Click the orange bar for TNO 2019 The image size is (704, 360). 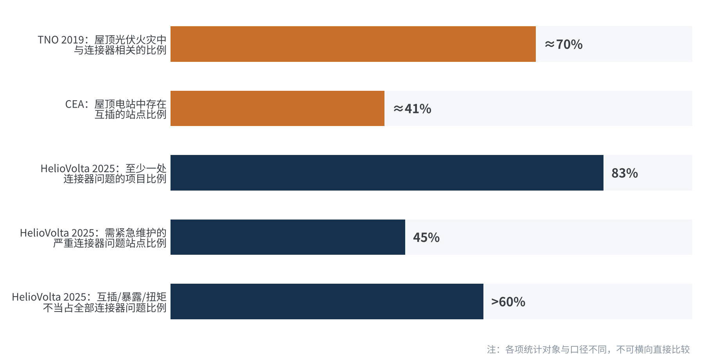[x=353, y=44]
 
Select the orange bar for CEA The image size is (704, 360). [x=277, y=108]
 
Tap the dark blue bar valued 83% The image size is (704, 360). [x=387, y=173]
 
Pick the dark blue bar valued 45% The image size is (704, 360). [x=288, y=237]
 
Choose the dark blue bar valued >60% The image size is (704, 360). [x=327, y=301]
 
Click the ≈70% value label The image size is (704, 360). [x=564, y=44]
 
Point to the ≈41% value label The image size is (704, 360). [x=412, y=108]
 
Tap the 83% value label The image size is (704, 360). [x=625, y=173]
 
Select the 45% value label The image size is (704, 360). [x=426, y=237]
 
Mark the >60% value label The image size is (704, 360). [x=508, y=302]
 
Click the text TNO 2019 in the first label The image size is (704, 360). [x=61, y=40]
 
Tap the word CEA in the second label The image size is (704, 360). [x=74, y=104]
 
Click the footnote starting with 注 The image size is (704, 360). [x=588, y=349]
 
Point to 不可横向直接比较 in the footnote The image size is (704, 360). [x=653, y=349]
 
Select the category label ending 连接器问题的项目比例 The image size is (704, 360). [x=104, y=173]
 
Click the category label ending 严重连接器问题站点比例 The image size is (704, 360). [x=93, y=238]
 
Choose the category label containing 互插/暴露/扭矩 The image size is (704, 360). [x=89, y=302]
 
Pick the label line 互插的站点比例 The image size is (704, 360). [x=131, y=114]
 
